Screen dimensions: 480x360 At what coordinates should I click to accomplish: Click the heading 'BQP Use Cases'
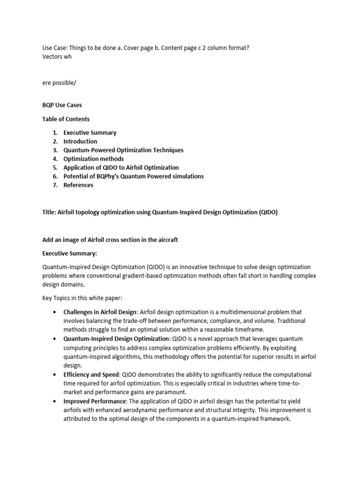coord(62,105)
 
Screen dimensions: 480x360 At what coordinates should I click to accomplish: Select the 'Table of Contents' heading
coord(66,119)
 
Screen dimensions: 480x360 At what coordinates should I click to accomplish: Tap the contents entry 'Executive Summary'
coord(90,133)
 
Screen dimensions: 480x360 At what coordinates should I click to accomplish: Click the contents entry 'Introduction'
coord(80,141)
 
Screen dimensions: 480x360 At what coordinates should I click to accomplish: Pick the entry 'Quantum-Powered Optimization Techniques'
coord(123,150)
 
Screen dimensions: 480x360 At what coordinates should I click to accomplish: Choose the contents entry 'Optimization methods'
coord(94,159)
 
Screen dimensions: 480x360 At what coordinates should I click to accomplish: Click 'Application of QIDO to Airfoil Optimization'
coord(121,167)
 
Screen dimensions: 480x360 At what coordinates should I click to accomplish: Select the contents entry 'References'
coord(78,185)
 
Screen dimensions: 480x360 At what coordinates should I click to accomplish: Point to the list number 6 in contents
coord(55,176)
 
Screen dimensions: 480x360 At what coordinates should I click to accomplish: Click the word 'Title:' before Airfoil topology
coord(49,212)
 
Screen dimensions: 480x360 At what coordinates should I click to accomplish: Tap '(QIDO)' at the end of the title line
coord(268,212)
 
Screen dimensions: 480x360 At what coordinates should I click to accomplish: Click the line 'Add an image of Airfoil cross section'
coord(110,240)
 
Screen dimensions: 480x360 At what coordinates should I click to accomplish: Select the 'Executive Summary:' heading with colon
coord(69,253)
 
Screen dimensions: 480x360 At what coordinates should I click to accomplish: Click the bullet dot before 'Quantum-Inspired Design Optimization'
coord(56,339)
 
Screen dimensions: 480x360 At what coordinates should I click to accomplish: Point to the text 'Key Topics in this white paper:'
coord(82,298)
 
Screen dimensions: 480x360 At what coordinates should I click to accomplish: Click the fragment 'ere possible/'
coord(59,82)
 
